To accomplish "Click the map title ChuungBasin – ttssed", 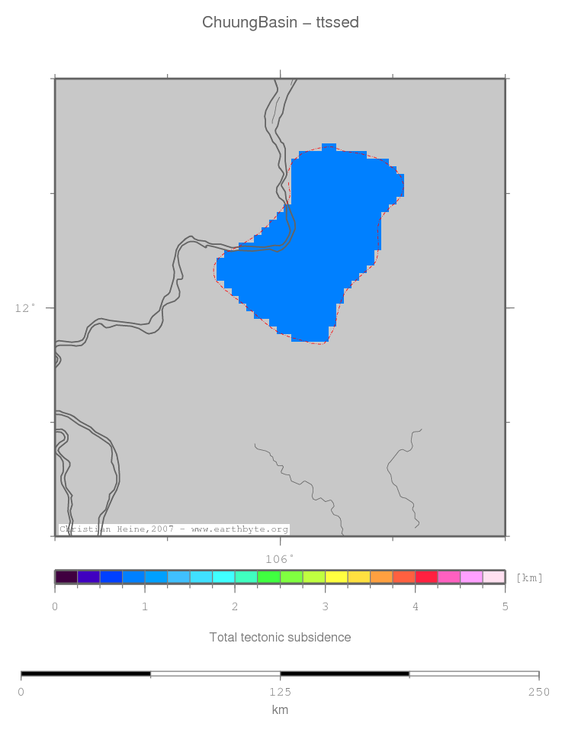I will coord(281,23).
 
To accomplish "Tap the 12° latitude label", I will coord(25,308).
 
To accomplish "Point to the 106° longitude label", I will coord(280,559).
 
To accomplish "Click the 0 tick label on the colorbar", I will coord(55,607).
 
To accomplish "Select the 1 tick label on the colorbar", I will coord(145,607).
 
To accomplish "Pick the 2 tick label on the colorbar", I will coord(235,607).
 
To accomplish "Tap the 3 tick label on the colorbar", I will coord(325,607).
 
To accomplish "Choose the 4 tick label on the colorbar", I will coord(415,607).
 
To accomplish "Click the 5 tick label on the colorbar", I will coord(505,607).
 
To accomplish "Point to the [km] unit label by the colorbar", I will coord(529,577).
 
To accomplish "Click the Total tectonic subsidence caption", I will coord(280,637).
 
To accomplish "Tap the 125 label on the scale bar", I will coord(280,692).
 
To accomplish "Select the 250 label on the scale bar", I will coord(538,692).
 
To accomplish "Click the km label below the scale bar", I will coord(280,709).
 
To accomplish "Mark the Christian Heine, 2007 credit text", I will coord(174,529).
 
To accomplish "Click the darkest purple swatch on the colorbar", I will coord(66,577).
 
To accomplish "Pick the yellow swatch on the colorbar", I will coord(336,577).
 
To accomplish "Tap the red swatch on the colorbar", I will coord(426,577).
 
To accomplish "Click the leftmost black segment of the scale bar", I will coord(86,674).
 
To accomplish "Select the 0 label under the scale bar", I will coord(21,692).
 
